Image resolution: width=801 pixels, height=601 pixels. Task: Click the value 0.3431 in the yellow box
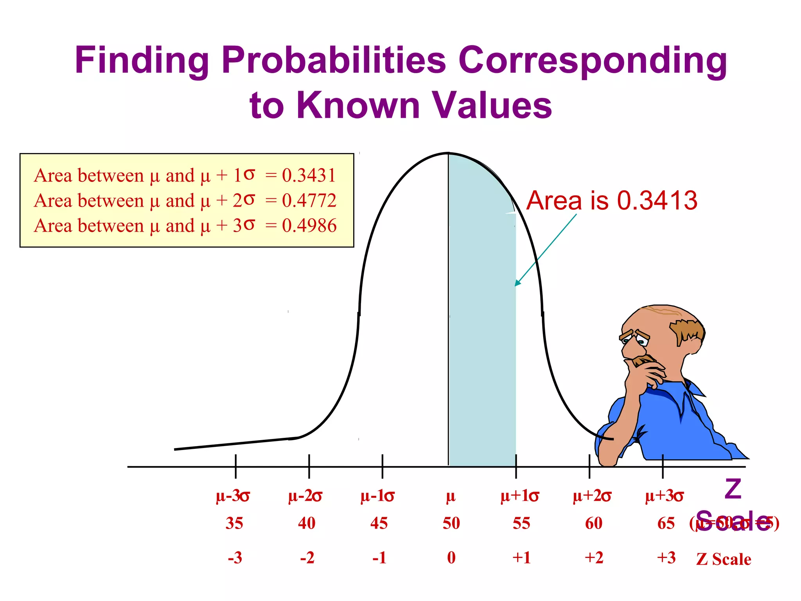(x=309, y=175)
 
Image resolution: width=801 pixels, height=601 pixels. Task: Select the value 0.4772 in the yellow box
(x=309, y=200)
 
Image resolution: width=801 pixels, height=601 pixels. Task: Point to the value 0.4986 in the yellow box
(x=309, y=225)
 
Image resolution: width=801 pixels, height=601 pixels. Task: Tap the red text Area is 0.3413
(x=612, y=200)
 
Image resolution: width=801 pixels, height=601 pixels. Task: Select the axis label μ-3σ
(x=233, y=496)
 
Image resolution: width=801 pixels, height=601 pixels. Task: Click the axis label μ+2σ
(x=592, y=496)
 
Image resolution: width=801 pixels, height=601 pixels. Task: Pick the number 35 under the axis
(x=234, y=523)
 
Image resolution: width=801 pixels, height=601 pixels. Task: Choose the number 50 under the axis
(x=451, y=523)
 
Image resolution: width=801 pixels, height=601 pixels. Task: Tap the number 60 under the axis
(x=594, y=523)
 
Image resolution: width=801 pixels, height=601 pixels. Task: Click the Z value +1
(x=522, y=558)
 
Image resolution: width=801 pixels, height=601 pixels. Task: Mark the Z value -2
(x=307, y=558)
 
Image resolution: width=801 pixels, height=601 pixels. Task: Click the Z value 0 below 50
(x=451, y=558)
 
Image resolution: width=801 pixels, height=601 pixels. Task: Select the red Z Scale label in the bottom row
(x=724, y=559)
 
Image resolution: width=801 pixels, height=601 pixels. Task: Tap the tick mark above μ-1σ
(x=382, y=466)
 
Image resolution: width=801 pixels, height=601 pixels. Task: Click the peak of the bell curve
(x=448, y=153)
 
